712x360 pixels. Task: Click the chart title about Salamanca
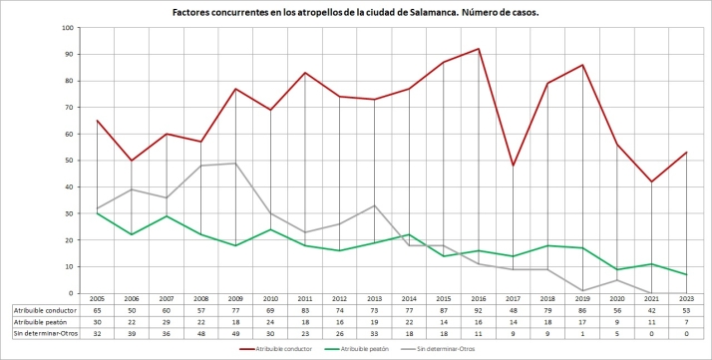(355, 11)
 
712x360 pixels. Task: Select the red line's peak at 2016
(480, 49)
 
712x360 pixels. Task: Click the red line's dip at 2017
(514, 166)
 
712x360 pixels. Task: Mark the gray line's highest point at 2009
(235, 164)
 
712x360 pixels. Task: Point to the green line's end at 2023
(687, 274)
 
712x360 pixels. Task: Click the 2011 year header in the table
(305, 299)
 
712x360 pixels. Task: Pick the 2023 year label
(687, 299)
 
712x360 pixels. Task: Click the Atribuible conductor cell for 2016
(480, 310)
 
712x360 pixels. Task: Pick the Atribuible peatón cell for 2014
(409, 321)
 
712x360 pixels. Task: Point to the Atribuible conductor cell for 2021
(652, 310)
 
